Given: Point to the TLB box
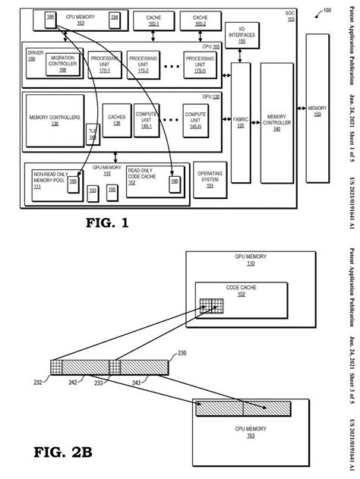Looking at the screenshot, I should click(x=93, y=134).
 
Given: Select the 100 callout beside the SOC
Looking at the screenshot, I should click(x=327, y=10).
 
